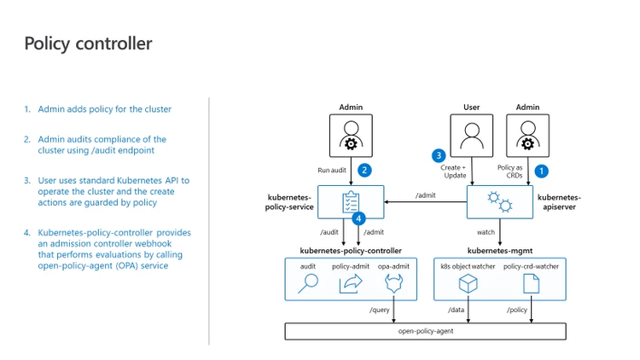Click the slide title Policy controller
tap(89, 44)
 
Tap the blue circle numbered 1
tap(541, 171)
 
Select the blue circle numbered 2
tap(364, 170)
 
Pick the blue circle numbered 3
tap(439, 156)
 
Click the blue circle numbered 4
tap(359, 218)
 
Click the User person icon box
tap(471, 136)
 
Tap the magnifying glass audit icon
tap(307, 283)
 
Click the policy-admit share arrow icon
tap(350, 283)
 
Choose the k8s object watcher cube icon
tap(468, 283)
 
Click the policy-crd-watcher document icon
tap(530, 283)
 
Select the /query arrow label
tap(379, 310)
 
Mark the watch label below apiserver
tap(486, 231)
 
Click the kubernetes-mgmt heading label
tap(499, 251)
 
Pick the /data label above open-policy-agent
tap(457, 310)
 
